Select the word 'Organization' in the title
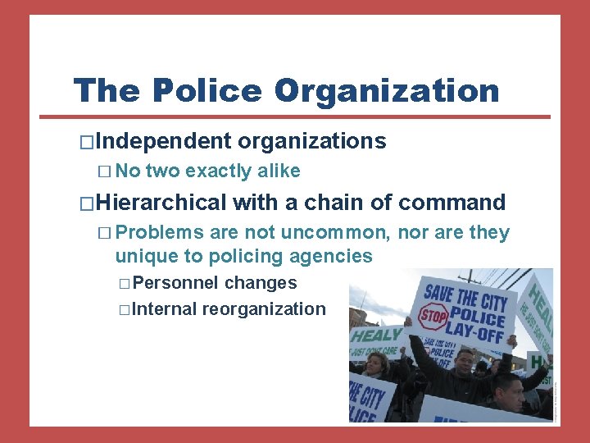coord(387,90)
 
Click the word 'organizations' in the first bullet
coord(312,142)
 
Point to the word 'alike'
coord(279,171)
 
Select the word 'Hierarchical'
coord(161,202)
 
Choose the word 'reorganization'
coord(264,309)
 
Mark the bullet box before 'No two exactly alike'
coord(125,171)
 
